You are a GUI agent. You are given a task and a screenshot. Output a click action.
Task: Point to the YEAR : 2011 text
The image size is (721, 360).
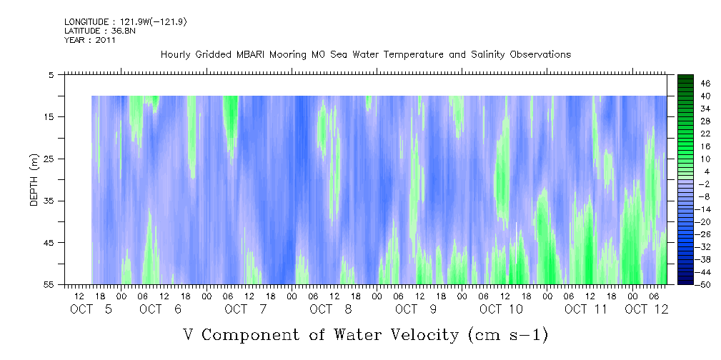click(90, 40)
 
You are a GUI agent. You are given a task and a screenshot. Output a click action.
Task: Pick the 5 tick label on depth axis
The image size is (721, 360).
click(51, 74)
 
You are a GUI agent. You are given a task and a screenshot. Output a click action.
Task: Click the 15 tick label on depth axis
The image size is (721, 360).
click(49, 116)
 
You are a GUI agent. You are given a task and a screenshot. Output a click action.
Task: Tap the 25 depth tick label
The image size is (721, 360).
click(49, 159)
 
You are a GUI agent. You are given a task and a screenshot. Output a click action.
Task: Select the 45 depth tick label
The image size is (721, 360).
click(49, 243)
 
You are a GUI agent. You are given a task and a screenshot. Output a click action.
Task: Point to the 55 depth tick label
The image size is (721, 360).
click(49, 285)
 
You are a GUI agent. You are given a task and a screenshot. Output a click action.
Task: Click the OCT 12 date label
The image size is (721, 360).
click(646, 309)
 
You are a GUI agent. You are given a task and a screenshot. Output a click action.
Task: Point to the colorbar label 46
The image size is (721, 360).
click(687, 83)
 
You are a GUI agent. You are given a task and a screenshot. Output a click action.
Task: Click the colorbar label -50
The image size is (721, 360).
click(685, 285)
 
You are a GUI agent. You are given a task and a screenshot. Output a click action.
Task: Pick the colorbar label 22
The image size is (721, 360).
click(687, 134)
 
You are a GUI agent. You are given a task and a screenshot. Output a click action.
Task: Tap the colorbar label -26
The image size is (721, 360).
click(685, 234)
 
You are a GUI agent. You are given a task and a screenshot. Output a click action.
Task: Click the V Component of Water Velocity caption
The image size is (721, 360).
click(365, 334)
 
